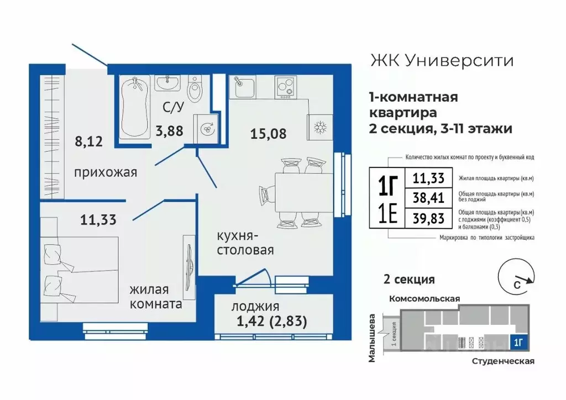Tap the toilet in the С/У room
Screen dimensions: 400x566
(x=195, y=90)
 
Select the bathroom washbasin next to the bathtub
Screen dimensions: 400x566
(x=167, y=83)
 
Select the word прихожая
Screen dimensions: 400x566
(x=105, y=172)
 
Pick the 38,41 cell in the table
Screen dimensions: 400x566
(x=428, y=197)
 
